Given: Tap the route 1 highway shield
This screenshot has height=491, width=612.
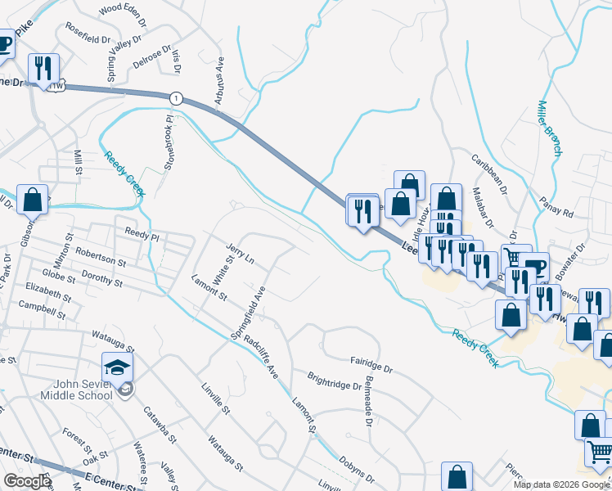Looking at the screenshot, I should [176, 98].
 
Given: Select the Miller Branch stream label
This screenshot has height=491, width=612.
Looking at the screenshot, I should [550, 128].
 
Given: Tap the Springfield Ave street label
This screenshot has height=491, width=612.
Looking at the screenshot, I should [249, 313].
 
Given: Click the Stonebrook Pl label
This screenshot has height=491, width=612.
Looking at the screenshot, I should [169, 144].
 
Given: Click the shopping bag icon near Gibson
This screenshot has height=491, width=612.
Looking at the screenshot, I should [32, 200].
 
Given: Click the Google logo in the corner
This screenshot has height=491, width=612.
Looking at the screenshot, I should [27, 481].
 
